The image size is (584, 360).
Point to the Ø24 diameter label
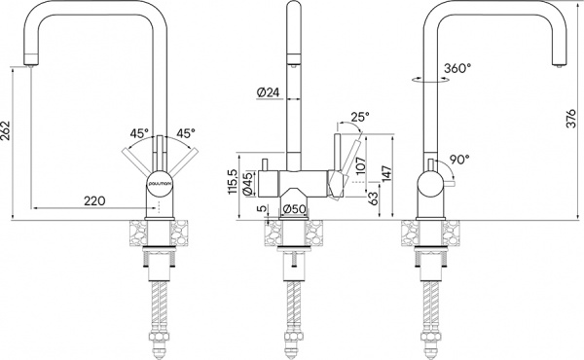tap(270, 92)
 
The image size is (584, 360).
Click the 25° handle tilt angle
tap(360, 118)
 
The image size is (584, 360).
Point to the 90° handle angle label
tap(459, 159)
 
